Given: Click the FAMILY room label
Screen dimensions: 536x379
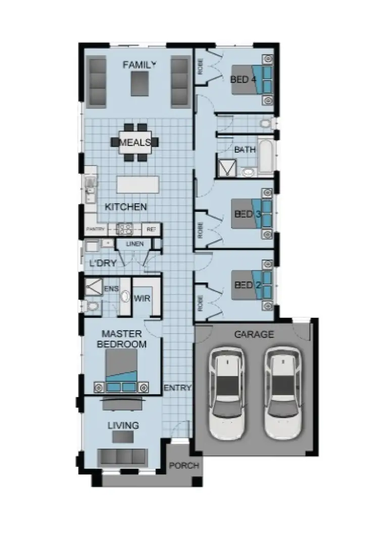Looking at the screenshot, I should (x=139, y=65).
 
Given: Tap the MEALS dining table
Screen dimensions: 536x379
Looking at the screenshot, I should (x=135, y=142).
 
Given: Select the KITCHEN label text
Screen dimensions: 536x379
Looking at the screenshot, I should (x=126, y=207).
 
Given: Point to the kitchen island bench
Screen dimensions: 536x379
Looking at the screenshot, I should (x=137, y=184).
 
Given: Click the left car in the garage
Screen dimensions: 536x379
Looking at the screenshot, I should (x=227, y=392).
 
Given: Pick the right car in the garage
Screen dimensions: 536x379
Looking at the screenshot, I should (x=282, y=392).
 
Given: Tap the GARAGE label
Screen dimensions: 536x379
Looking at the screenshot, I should (x=254, y=334).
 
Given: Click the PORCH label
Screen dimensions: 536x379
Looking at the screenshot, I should (x=183, y=465).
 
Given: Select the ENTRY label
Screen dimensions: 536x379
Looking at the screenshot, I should (x=177, y=387).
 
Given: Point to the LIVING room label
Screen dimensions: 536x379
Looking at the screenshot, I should (x=123, y=425).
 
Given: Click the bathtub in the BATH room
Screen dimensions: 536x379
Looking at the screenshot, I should (x=266, y=156).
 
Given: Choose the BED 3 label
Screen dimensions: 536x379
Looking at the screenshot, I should (x=247, y=214).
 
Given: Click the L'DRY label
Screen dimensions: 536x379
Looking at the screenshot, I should (x=103, y=263).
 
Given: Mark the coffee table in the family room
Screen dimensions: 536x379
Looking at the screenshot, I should (x=140, y=84).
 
